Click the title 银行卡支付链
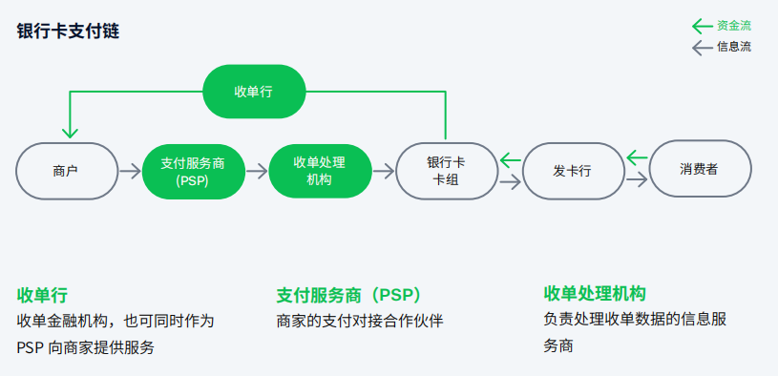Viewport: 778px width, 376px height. [68, 31]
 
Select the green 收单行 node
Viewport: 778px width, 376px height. [254, 92]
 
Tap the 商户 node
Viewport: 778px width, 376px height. [66, 172]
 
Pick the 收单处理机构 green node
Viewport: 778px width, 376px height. [319, 170]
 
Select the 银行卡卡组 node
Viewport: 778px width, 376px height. [446, 171]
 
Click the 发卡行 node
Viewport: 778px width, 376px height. [572, 172]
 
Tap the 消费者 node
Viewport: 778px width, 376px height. [699, 170]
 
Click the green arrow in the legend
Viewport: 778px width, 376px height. [702, 26]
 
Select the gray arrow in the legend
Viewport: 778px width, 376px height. [702, 47]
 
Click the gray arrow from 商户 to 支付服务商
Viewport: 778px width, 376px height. [129, 172]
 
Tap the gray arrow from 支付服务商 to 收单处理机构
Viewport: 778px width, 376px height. [256, 172]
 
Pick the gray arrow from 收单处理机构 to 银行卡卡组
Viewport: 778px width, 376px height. [383, 172]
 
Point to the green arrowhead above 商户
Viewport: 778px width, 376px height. [67, 133]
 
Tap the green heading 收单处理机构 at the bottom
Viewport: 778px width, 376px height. [595, 292]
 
